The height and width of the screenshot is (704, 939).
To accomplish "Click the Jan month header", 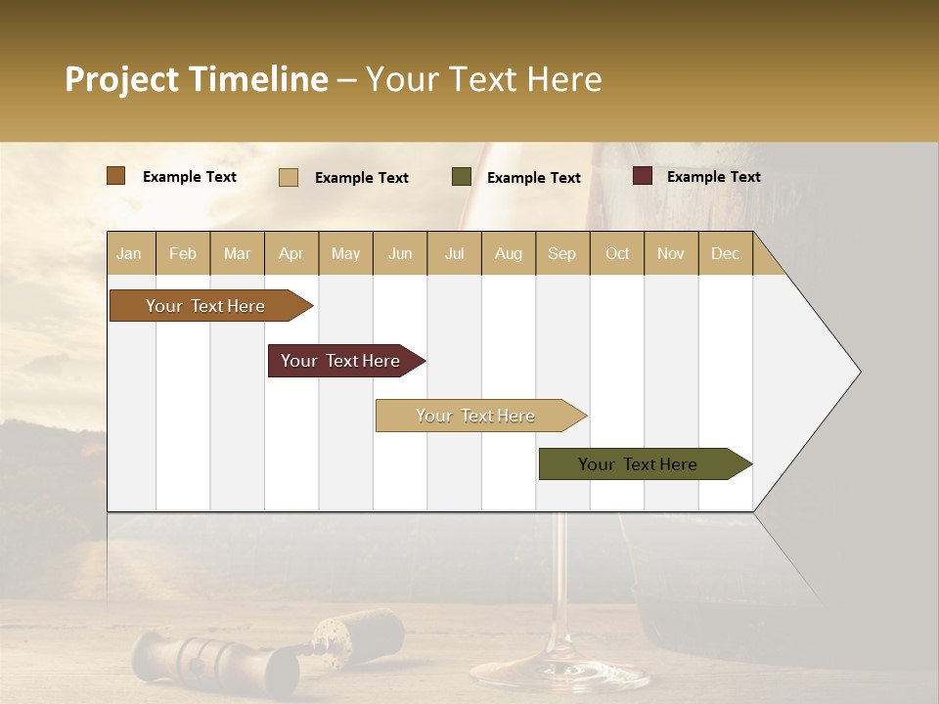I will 129,254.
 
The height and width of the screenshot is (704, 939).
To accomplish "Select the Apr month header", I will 291,254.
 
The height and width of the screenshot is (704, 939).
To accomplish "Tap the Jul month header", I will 454,254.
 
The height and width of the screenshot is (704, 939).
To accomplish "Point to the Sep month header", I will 561,254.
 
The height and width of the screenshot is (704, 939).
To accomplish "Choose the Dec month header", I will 725,254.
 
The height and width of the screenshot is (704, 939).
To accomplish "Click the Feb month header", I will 183,254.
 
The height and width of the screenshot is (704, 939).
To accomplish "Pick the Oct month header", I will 617,254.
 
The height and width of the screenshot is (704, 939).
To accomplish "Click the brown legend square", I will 116,176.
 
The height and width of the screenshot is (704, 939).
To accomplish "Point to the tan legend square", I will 289,177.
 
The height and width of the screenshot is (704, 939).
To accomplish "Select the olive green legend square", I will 462,177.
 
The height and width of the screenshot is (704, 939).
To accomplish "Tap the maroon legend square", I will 643,176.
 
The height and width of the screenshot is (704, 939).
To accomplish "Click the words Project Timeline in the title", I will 197,79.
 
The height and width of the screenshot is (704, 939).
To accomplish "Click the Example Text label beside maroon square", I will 713,177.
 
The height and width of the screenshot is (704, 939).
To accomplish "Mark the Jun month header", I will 400,254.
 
